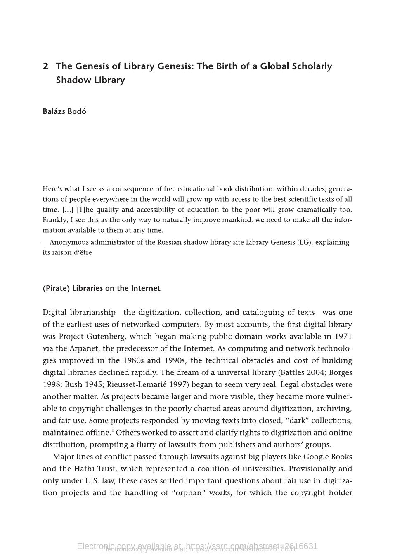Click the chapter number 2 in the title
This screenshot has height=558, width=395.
click(x=45, y=66)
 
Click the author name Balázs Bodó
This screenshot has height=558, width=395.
click(x=64, y=111)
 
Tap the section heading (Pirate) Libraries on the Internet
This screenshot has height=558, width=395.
click(x=101, y=288)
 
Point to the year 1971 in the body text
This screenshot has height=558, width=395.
click(x=343, y=337)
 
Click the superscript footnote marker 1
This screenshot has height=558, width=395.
click(x=113, y=431)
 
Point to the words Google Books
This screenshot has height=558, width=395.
click(x=327, y=457)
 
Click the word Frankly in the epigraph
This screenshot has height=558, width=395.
click(x=54, y=220)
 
